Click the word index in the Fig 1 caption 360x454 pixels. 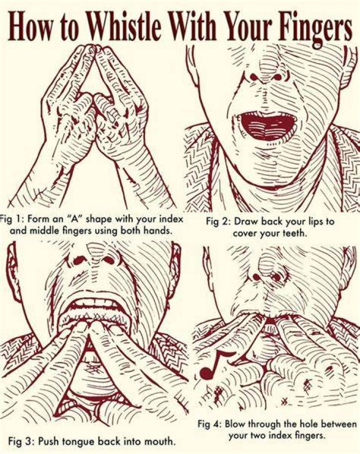click(172, 219)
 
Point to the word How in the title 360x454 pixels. click(32, 28)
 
